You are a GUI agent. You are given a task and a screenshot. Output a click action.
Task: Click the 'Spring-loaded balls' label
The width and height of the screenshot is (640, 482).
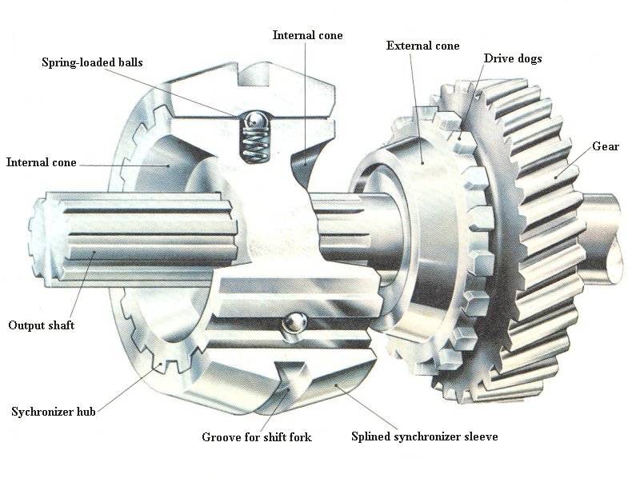click(92, 62)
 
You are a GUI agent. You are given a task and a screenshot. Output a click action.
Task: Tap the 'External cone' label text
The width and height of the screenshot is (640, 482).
click(423, 46)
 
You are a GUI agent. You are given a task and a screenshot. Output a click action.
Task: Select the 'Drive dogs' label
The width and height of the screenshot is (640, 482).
click(513, 58)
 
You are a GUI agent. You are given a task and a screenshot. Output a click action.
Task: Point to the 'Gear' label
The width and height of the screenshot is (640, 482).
click(606, 146)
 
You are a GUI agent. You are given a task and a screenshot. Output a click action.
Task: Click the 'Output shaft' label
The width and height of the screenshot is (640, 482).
click(42, 325)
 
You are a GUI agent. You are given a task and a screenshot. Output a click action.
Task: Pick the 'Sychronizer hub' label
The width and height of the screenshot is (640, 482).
click(54, 412)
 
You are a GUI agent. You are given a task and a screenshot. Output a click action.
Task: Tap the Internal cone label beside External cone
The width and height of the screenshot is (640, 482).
click(308, 35)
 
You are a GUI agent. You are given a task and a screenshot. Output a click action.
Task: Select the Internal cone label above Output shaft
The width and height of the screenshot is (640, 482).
click(42, 162)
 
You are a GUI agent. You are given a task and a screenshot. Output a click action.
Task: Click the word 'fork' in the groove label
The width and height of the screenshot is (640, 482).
click(300, 437)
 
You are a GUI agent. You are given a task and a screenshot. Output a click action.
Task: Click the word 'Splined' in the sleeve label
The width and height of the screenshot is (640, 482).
click(370, 436)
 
